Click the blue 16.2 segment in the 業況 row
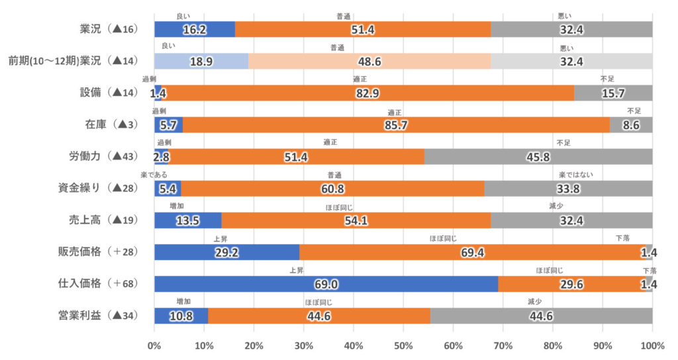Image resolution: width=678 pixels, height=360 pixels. (x=194, y=30)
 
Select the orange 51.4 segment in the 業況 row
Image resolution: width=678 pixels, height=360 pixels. (x=363, y=30)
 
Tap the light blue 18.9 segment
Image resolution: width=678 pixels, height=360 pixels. (x=201, y=62)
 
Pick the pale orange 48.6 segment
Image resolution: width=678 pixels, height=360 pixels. (x=369, y=62)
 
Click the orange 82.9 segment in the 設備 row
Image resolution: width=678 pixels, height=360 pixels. (x=367, y=93)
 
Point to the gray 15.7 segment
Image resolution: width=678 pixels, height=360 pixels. (x=613, y=93)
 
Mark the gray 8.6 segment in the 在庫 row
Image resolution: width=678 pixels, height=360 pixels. (x=631, y=125)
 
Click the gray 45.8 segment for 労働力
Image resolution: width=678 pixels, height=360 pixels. (x=538, y=157)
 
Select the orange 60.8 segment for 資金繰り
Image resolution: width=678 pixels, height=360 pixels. (x=332, y=189)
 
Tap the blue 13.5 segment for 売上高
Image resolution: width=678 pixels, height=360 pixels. (x=187, y=220)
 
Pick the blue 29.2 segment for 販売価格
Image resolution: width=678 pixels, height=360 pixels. (x=226, y=252)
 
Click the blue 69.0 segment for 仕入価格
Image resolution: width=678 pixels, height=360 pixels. (x=326, y=284)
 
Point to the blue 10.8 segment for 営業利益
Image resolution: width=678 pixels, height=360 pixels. (x=181, y=316)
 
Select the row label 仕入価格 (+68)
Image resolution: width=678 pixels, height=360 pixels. (x=97, y=284)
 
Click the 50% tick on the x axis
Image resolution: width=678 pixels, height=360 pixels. (x=403, y=345)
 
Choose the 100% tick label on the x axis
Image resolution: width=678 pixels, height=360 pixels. (x=652, y=345)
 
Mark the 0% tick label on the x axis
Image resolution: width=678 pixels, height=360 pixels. (x=154, y=345)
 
